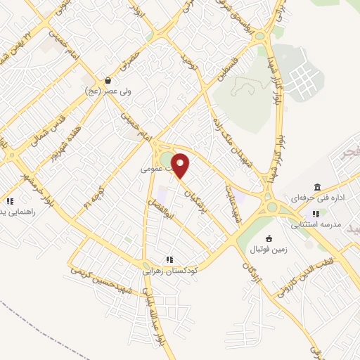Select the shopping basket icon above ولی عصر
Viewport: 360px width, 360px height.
[x=107, y=80]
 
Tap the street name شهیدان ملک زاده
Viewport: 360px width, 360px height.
[x=222, y=133]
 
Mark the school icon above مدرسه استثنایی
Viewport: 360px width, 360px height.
[x=316, y=213]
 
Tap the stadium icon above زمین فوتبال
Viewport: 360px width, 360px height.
[x=269, y=239]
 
